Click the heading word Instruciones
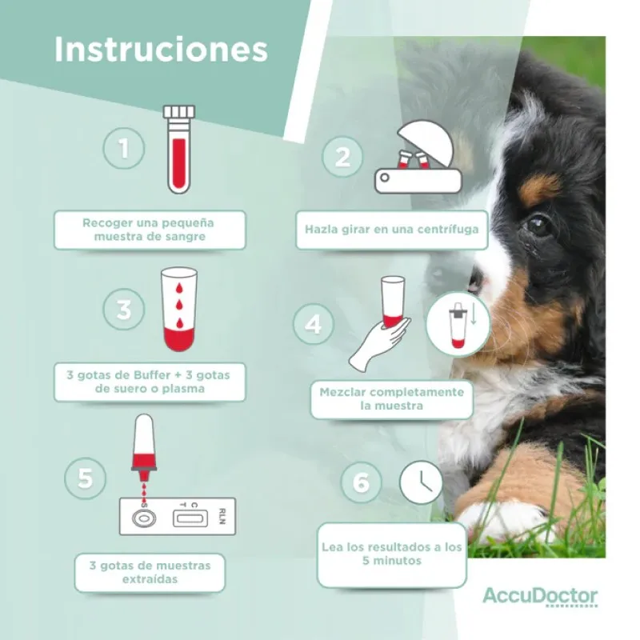tap(161, 50)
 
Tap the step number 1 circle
tap(123, 149)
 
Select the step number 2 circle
tap(342, 157)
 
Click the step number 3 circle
tap(124, 310)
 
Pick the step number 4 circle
tap(314, 325)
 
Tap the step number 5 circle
tap(86, 479)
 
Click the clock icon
tap(422, 482)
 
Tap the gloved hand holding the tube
tap(378, 342)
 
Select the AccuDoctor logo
tap(539, 597)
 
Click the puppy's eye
tap(538, 224)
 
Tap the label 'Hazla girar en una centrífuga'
tap(392, 230)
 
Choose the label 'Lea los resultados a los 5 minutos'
tap(392, 554)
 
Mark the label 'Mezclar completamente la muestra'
tap(391, 399)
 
